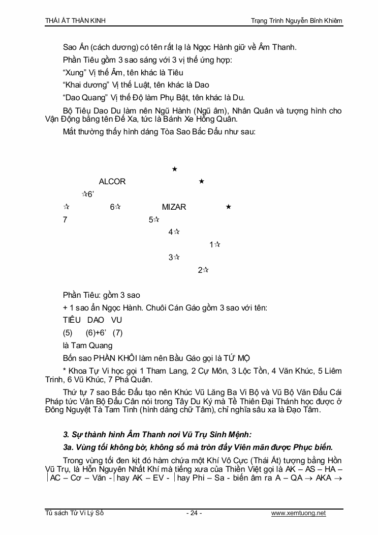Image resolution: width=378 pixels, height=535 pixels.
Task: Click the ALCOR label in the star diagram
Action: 112,182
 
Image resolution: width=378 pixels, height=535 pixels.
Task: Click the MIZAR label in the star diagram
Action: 174,207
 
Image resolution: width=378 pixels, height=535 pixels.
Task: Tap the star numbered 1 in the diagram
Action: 217,245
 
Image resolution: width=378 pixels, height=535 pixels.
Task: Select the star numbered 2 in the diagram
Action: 206,270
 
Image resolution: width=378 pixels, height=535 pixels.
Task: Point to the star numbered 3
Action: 177,258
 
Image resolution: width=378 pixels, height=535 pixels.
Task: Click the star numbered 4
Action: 177,232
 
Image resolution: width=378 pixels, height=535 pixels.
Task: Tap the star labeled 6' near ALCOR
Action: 85,194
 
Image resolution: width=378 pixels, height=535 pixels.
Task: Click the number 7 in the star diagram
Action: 65,220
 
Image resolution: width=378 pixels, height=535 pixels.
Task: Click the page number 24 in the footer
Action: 194,513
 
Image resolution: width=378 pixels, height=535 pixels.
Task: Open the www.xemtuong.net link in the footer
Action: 298,513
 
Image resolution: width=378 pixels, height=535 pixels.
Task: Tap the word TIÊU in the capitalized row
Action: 72,320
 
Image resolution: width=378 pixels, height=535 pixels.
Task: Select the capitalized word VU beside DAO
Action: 116,320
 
